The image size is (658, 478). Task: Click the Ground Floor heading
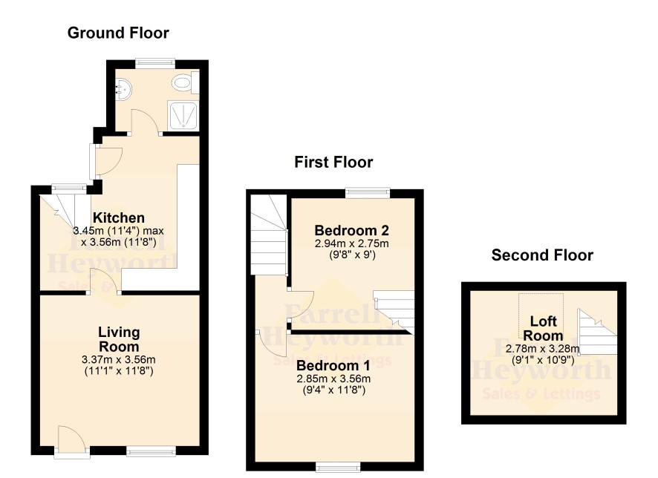click(x=118, y=33)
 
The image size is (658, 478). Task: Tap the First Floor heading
click(x=333, y=162)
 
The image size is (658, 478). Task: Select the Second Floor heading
click(x=542, y=255)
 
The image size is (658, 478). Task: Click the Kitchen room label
click(x=119, y=217)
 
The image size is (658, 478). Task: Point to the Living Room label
click(x=119, y=339)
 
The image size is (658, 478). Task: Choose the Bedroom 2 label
click(x=352, y=230)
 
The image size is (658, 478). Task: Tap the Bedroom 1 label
click(x=333, y=366)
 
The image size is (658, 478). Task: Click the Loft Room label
click(x=543, y=328)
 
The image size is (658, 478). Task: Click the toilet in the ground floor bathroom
click(x=185, y=82)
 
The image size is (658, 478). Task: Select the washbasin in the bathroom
click(x=123, y=89)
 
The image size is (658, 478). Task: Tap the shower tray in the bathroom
click(x=182, y=115)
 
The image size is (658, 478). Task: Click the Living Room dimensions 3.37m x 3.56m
click(x=119, y=360)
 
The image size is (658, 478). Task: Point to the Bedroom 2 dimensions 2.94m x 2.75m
click(x=352, y=243)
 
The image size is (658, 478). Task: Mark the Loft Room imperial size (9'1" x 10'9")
click(x=543, y=360)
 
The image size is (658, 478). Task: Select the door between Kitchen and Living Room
click(x=105, y=280)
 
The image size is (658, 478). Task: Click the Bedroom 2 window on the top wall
click(x=367, y=192)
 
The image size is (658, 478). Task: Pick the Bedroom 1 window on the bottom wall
click(x=338, y=467)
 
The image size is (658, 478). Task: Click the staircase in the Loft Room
click(x=598, y=332)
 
